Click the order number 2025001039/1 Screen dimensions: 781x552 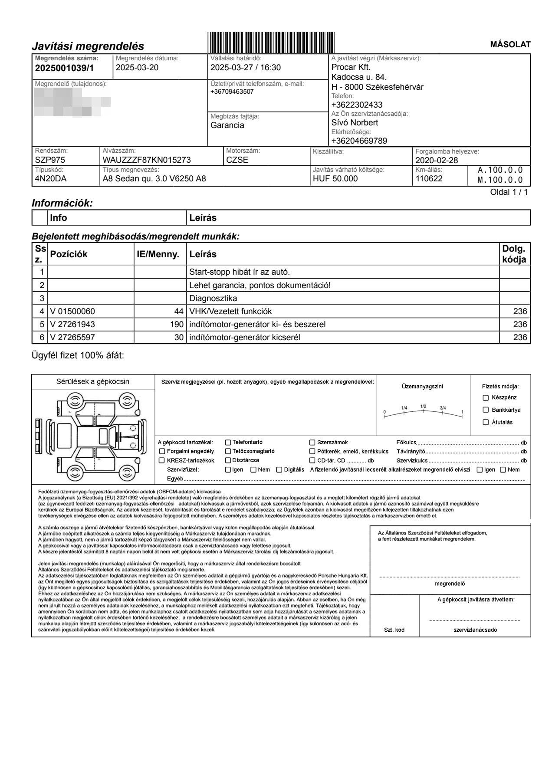click(64, 68)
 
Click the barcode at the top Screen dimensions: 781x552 click(271, 42)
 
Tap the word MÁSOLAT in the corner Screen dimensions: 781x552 click(510, 45)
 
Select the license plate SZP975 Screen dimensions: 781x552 click(50, 160)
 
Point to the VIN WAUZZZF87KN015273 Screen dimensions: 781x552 click(147, 160)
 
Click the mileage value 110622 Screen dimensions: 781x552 click(429, 178)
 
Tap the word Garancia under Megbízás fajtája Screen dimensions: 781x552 click(227, 125)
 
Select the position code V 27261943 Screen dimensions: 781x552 click(72, 325)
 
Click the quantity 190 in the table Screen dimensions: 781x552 click(177, 325)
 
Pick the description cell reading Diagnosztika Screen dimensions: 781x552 click(213, 299)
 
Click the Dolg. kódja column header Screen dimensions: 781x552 click(514, 254)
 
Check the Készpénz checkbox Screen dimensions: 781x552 click(486, 397)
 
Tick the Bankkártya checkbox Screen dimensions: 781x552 click(486, 410)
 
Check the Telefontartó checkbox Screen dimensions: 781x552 click(228, 443)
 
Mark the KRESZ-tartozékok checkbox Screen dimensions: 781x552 click(162, 460)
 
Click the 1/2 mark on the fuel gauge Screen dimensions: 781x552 click(424, 407)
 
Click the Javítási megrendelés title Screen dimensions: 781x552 click(88, 46)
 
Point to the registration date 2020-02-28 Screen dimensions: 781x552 click(437, 160)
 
